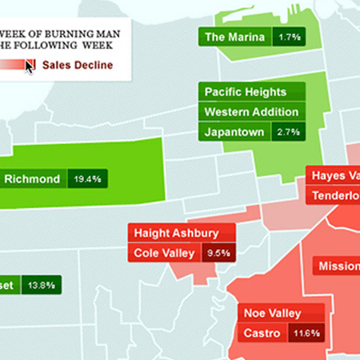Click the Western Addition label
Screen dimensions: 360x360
251,112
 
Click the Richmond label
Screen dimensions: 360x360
32,179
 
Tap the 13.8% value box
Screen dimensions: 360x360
41,284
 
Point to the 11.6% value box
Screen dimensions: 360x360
306,333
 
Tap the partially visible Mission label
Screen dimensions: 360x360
336,266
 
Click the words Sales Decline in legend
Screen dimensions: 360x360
78,65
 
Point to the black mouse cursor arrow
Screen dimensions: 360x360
30,66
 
